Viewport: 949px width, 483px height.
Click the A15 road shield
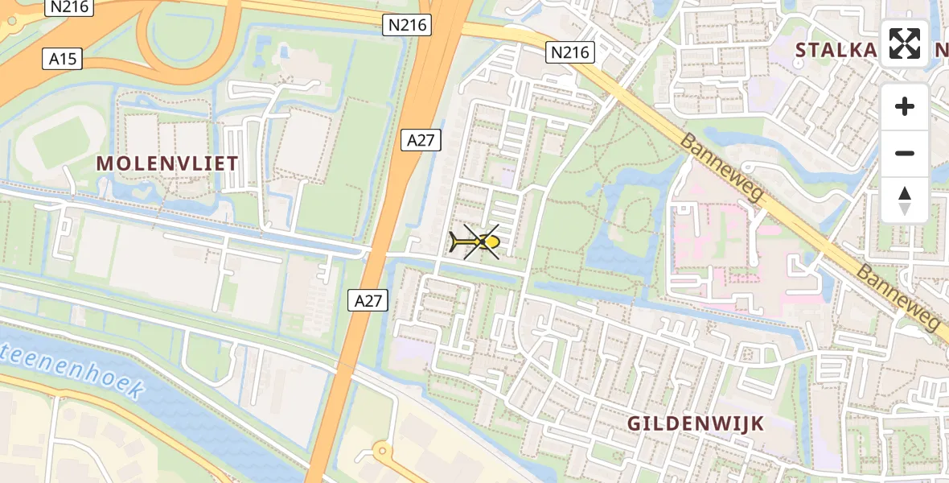[x=62, y=58]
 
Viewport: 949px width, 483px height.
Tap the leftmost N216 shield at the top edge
[x=70, y=7]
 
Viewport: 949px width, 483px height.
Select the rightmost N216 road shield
[x=570, y=53]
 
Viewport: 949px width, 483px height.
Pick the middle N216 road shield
[x=407, y=26]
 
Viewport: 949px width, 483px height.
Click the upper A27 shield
[x=421, y=140]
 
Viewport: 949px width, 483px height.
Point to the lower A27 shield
[x=369, y=300]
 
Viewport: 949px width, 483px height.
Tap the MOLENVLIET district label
[x=167, y=163]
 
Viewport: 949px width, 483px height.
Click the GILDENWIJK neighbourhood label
[x=696, y=423]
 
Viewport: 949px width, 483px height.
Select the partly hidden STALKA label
[x=836, y=50]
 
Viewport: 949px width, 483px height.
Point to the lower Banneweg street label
[x=898, y=297]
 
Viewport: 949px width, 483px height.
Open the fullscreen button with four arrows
[x=905, y=43]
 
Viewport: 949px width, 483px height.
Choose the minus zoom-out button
[x=905, y=153]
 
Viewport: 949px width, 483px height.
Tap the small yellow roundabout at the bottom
[x=381, y=452]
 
